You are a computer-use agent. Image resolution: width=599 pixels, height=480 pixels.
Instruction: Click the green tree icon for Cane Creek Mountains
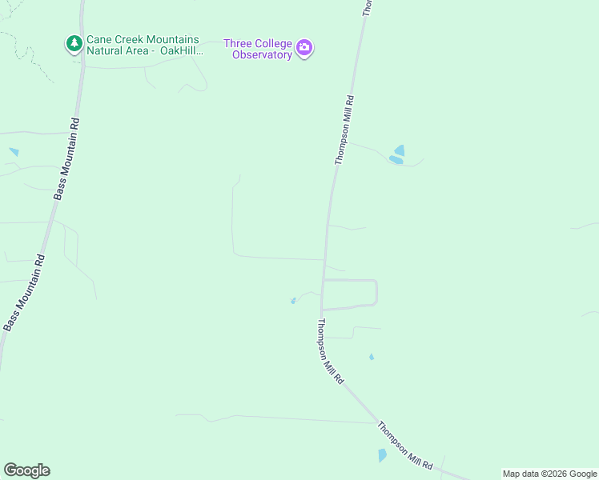(74, 43)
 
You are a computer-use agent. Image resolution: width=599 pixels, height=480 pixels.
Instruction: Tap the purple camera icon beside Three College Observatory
(304, 48)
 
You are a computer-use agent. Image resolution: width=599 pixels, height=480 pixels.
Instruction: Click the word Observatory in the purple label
(262, 55)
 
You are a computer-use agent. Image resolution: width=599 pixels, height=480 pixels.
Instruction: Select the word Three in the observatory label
(238, 43)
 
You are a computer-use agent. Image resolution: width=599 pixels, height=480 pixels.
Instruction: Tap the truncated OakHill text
(183, 51)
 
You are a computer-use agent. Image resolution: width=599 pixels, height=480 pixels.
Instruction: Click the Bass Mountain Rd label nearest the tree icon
(68, 159)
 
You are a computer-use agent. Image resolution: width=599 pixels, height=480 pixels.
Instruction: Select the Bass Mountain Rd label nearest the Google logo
(23, 293)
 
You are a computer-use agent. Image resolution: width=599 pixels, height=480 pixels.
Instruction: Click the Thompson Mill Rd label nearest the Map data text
(406, 446)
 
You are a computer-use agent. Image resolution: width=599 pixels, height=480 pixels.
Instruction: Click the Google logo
(26, 470)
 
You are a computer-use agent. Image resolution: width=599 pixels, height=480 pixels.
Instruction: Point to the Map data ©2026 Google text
(550, 474)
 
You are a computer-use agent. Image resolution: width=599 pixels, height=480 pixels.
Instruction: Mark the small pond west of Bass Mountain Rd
(14, 151)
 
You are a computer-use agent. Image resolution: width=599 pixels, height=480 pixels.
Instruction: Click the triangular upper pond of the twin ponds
(399, 150)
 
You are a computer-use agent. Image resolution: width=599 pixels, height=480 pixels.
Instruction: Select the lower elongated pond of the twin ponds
(395, 160)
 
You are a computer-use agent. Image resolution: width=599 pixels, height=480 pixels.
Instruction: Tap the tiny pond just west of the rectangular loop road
(293, 301)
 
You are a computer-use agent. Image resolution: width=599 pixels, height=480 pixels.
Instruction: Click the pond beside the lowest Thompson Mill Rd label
(382, 455)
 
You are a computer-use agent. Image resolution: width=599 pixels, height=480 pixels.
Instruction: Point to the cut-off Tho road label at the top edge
(368, 7)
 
